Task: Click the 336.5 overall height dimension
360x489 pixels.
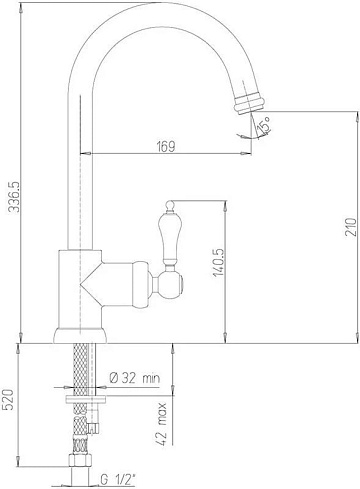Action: (14, 197)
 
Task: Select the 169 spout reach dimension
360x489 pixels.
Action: (166, 146)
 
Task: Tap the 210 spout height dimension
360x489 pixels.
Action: (350, 227)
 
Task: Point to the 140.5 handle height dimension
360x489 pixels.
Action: (219, 263)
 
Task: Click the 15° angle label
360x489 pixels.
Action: (264, 125)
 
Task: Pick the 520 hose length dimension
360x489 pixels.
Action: (9, 400)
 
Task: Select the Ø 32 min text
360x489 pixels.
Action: (135, 378)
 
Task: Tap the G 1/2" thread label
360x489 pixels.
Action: (118, 480)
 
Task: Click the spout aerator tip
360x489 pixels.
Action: (249, 103)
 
